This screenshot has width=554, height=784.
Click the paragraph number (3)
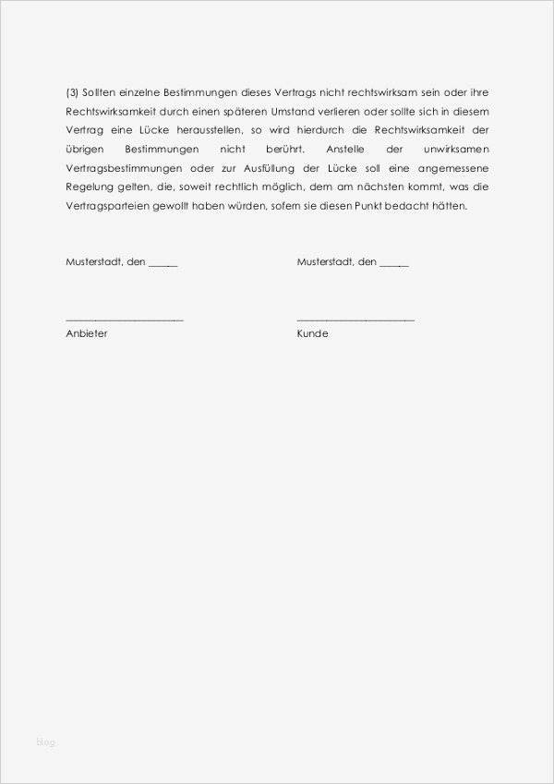[72, 93]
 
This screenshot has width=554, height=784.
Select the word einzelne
[133, 93]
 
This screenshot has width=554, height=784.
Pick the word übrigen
[82, 150]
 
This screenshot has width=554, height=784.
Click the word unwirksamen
[457, 150]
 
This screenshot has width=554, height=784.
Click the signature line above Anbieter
[125, 320]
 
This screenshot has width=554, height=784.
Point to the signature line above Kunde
[355, 320]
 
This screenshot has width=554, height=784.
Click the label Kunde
[312, 333]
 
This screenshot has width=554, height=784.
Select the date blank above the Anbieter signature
[163, 265]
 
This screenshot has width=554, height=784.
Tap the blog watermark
[46, 742]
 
